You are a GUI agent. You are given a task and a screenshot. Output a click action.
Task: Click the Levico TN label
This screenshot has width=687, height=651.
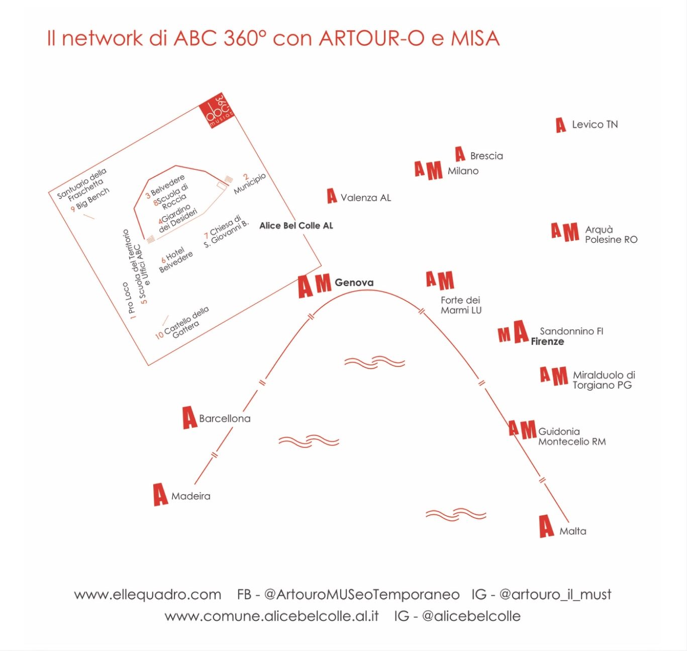(x=595, y=125)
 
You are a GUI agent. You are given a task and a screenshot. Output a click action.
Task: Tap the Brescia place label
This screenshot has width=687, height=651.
(x=486, y=156)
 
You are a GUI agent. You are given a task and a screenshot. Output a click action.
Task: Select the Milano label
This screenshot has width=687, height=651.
(x=463, y=171)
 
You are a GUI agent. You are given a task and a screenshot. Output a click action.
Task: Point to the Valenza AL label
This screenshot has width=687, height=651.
(x=365, y=198)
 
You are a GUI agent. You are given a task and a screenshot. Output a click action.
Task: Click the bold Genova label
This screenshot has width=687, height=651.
(x=354, y=283)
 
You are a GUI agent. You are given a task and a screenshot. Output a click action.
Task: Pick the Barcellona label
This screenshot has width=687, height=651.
(x=225, y=418)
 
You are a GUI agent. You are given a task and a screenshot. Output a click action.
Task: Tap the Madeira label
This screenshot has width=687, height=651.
(x=190, y=496)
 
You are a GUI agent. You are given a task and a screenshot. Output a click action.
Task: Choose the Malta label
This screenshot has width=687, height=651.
(x=572, y=531)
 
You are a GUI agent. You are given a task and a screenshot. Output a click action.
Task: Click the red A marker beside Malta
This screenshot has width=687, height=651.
(x=546, y=526)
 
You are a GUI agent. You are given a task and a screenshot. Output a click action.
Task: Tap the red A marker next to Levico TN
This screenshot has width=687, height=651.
(x=561, y=125)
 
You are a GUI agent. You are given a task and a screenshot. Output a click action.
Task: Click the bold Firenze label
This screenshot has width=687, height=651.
(x=547, y=341)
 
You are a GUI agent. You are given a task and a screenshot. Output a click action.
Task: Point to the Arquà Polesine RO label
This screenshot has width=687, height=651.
(x=611, y=235)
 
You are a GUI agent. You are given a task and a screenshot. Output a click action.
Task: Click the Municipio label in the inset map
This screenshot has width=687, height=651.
(x=249, y=184)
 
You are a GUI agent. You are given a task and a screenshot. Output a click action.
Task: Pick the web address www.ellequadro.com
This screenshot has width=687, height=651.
(x=147, y=595)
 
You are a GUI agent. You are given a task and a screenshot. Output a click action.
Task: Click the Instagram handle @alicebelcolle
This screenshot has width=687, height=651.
(x=471, y=616)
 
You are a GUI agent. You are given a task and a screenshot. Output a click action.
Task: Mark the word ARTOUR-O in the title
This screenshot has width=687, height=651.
(x=372, y=39)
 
